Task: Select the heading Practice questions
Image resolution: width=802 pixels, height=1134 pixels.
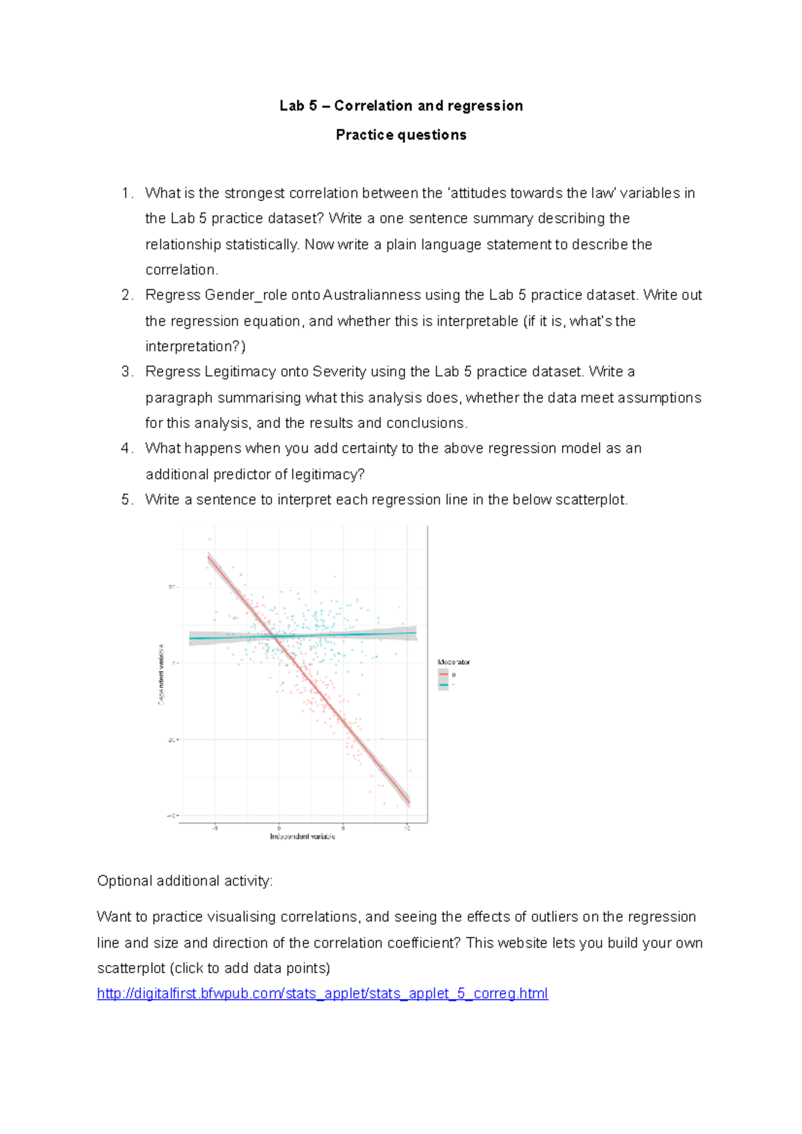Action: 401,135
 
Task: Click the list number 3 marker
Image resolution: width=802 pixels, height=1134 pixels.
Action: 127,372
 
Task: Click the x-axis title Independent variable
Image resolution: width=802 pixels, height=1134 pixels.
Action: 302,836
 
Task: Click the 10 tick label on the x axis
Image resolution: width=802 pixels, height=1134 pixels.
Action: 407,828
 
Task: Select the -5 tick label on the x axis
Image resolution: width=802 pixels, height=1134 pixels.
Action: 215,828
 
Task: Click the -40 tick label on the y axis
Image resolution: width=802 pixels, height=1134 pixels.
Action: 171,815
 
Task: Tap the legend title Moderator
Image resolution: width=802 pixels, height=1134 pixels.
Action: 454,662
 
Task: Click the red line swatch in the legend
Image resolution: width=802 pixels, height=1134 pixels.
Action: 443,675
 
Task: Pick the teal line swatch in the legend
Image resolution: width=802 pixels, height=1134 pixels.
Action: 443,685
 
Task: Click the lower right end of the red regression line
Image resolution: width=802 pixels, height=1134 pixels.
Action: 408,801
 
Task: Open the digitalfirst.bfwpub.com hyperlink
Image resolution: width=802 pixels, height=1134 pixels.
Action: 322,993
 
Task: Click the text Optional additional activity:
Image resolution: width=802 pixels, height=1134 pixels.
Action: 184,881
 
